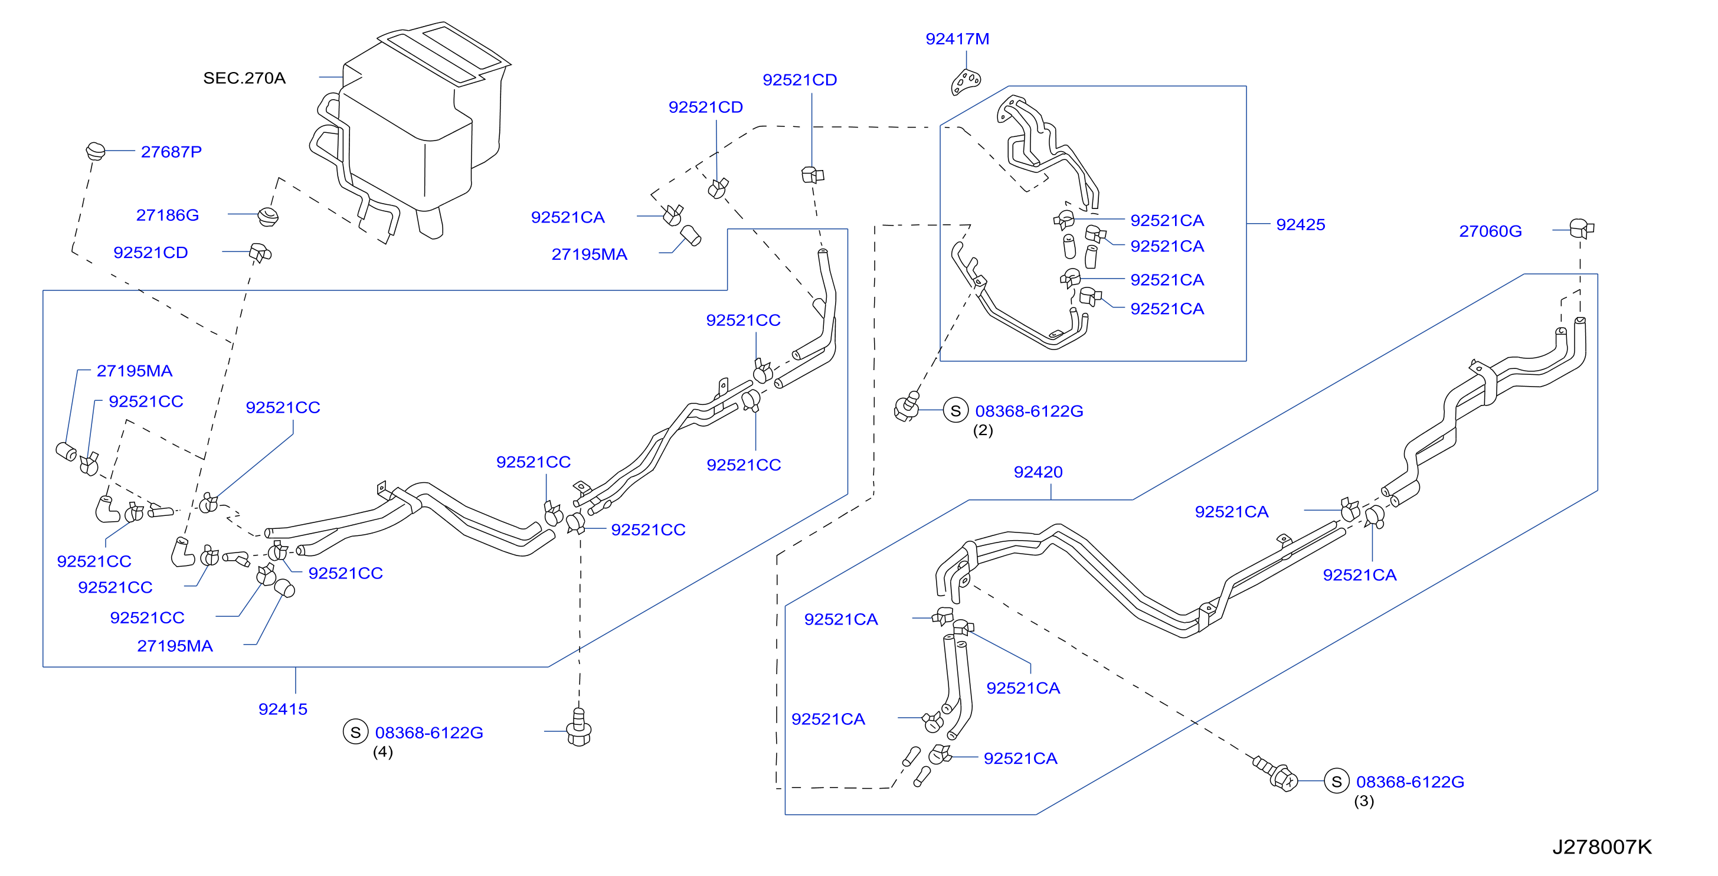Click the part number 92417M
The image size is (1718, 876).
click(x=957, y=39)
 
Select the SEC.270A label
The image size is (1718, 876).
click(x=244, y=78)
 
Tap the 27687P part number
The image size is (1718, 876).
click(x=171, y=152)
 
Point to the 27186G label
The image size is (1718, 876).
click(x=168, y=215)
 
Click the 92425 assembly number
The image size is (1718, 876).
click(x=1301, y=224)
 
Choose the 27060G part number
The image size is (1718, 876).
click(x=1491, y=231)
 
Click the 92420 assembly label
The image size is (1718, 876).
click(x=1038, y=472)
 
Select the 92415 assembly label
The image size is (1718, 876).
click(x=283, y=708)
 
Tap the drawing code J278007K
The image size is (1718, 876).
click(x=1602, y=846)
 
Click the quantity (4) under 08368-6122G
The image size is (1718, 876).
click(x=383, y=752)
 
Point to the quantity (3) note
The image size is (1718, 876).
click(x=1364, y=800)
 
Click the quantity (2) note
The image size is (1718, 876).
click(x=983, y=430)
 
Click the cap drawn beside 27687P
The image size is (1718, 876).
click(x=96, y=151)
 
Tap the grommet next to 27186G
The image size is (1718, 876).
click(x=268, y=216)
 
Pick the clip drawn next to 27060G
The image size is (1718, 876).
click(x=1581, y=228)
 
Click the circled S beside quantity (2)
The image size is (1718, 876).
click(x=955, y=410)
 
